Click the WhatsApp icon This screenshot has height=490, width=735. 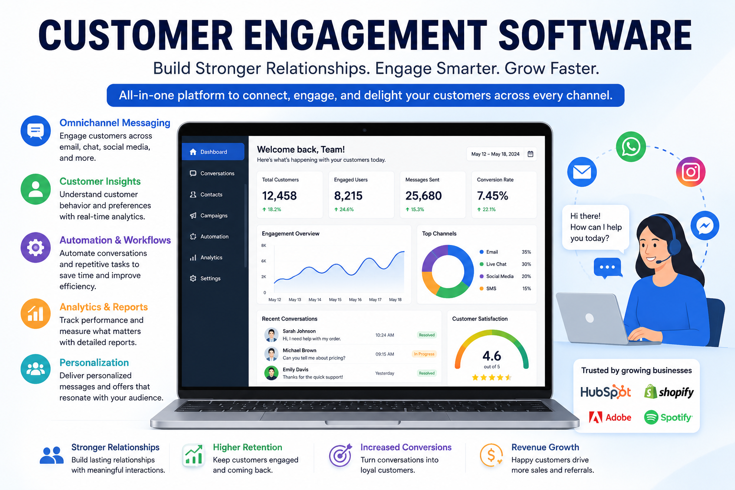point(631,147)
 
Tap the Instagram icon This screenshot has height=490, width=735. point(690,172)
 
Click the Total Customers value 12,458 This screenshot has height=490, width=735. point(279,196)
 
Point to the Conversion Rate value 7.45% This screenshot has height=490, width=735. point(492,196)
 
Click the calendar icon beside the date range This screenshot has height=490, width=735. point(530,154)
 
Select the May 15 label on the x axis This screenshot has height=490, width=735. point(335,300)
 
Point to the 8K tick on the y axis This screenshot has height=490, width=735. point(264,245)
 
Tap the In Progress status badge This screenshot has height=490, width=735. point(424,354)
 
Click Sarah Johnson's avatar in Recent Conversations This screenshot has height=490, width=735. point(271,335)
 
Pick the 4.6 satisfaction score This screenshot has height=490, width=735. point(491,356)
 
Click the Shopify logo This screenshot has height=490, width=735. point(668,392)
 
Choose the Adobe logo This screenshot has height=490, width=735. point(610,417)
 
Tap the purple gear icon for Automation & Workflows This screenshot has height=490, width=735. point(36,247)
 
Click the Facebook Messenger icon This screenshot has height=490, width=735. point(705,225)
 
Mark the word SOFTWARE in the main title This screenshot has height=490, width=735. point(595,35)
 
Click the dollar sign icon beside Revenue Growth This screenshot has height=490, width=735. point(491,455)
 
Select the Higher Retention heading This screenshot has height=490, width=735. point(247,447)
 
